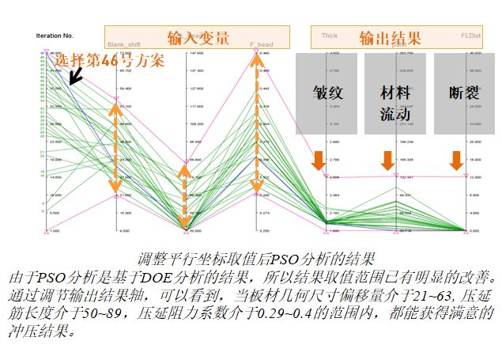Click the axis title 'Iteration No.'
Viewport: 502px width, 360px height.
(x=55, y=36)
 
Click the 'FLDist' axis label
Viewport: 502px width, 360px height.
(x=471, y=36)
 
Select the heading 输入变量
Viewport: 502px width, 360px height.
(x=198, y=36)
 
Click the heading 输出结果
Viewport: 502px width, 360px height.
(x=390, y=36)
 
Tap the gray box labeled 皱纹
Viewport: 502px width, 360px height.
(x=326, y=93)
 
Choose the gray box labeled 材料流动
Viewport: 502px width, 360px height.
(x=395, y=102)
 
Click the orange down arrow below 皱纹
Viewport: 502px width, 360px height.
(x=317, y=160)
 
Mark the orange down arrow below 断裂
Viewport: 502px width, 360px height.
(x=456, y=160)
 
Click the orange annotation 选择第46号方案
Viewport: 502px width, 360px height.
(x=109, y=60)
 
